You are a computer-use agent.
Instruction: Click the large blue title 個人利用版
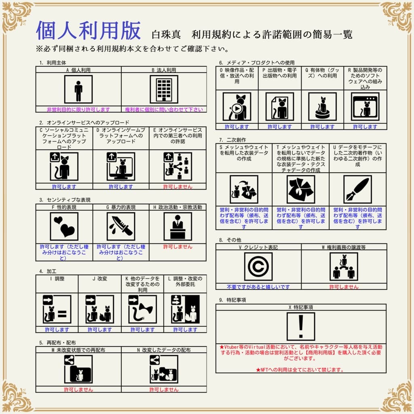pos(89,31)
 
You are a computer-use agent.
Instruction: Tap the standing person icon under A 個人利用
pos(78,89)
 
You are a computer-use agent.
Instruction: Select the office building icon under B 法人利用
pos(164,89)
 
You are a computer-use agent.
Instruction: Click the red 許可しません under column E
pos(177,187)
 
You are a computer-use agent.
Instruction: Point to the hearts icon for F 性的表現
pos(64,226)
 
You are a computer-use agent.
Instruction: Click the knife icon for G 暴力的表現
pos(121,226)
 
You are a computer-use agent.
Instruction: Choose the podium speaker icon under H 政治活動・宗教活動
pos(177,226)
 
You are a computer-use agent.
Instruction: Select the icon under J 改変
pos(99,309)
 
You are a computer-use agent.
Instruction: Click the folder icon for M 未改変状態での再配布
pos(78,369)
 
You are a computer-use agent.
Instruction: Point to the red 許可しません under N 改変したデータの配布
pos(164,390)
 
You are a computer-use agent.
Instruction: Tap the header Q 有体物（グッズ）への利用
pos(322,73)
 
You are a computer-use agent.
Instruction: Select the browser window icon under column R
pos(365,107)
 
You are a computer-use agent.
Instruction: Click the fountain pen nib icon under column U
pos(357,189)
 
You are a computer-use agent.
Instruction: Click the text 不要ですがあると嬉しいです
pos(258,287)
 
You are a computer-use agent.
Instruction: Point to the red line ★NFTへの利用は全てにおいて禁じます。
pos(300,370)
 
